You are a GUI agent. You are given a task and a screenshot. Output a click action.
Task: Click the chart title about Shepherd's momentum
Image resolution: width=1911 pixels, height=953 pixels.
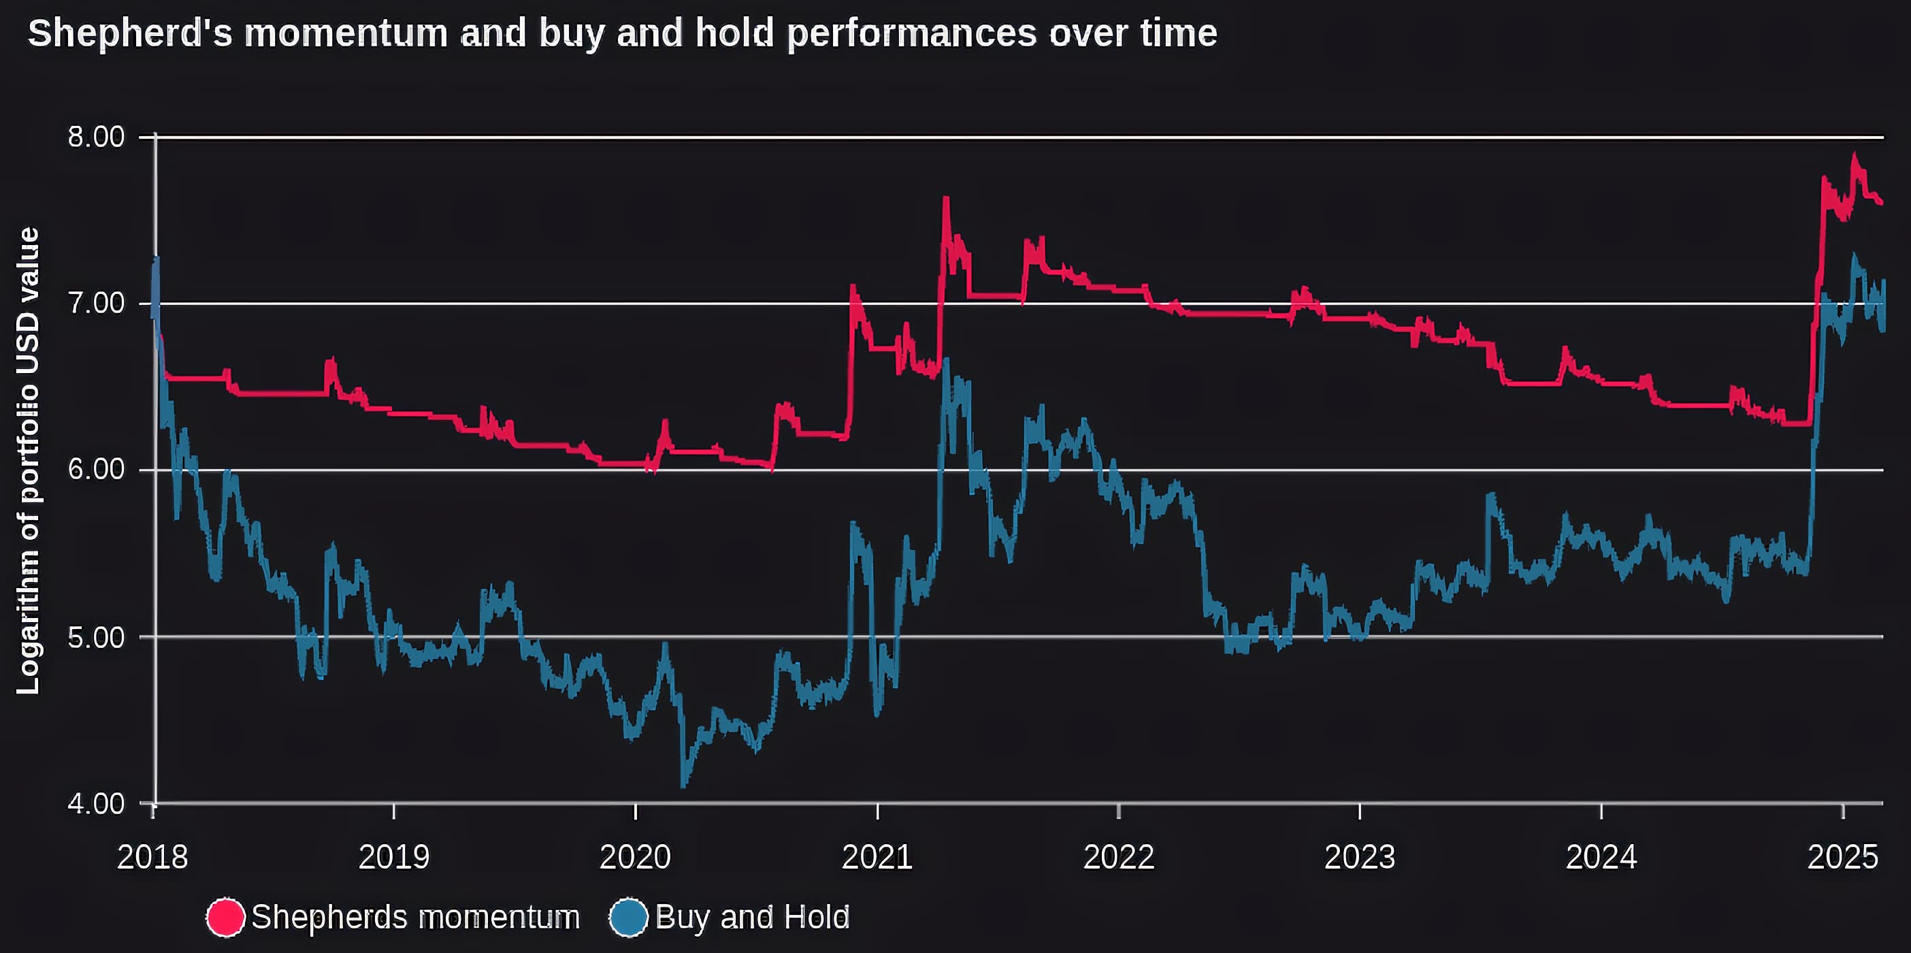click(x=621, y=33)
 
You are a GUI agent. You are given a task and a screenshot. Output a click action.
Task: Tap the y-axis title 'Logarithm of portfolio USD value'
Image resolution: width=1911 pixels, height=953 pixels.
click(x=28, y=460)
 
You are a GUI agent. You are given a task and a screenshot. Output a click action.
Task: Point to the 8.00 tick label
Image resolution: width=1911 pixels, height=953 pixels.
click(x=97, y=137)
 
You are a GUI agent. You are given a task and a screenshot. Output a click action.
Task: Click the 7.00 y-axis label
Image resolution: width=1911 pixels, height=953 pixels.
click(x=97, y=303)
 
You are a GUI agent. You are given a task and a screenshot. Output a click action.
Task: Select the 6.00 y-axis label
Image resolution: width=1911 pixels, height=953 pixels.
click(x=97, y=470)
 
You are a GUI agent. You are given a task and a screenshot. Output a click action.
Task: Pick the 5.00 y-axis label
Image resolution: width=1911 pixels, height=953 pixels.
click(x=97, y=637)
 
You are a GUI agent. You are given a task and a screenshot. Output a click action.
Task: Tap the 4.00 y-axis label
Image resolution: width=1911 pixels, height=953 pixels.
click(x=97, y=804)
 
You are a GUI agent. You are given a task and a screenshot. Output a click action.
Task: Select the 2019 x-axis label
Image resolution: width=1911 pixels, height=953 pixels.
click(x=394, y=857)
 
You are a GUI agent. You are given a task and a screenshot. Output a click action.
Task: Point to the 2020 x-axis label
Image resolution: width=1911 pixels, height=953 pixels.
click(x=635, y=857)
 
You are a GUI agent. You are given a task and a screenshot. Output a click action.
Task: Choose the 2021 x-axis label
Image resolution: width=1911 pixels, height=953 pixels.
click(x=877, y=857)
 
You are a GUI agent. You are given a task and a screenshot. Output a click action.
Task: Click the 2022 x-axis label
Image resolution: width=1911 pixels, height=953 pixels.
click(x=1119, y=857)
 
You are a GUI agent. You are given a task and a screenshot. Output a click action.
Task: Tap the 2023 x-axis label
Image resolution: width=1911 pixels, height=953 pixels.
click(x=1360, y=857)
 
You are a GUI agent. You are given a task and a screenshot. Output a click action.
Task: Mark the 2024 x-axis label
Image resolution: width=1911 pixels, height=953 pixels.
click(x=1601, y=857)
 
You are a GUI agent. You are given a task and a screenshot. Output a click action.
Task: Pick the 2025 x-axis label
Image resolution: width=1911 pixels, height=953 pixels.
click(x=1843, y=857)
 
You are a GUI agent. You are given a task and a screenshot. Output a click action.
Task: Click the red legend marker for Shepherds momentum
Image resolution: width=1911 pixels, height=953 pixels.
click(x=225, y=918)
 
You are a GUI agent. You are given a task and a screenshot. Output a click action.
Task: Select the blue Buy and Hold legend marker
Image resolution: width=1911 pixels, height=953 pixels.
click(x=628, y=918)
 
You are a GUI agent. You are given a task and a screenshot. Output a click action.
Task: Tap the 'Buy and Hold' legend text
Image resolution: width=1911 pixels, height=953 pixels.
click(x=752, y=918)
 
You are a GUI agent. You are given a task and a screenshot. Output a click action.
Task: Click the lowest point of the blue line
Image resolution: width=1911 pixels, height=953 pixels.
click(x=683, y=786)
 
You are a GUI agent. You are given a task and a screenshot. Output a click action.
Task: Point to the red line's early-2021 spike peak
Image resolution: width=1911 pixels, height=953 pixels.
click(x=946, y=198)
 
